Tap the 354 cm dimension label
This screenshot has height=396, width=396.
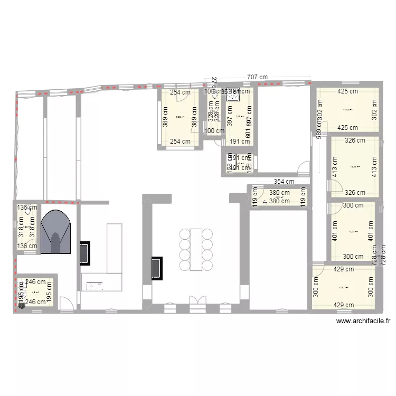point(284,182)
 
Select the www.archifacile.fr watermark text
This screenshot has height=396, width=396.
point(363,320)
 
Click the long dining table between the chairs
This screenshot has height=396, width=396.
point(196,250)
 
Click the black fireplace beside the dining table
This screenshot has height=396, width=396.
point(157,268)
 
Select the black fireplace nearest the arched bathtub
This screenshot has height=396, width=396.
point(84,253)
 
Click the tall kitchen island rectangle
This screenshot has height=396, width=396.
point(115,248)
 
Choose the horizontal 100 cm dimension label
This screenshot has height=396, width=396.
point(214,131)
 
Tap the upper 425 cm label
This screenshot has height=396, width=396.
point(347,91)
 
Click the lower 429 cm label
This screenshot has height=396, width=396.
point(344,305)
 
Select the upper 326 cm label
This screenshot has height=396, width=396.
point(355,140)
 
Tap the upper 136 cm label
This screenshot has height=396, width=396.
point(26,208)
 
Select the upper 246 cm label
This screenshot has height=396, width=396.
point(36,282)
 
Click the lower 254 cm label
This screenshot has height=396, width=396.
point(181,142)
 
